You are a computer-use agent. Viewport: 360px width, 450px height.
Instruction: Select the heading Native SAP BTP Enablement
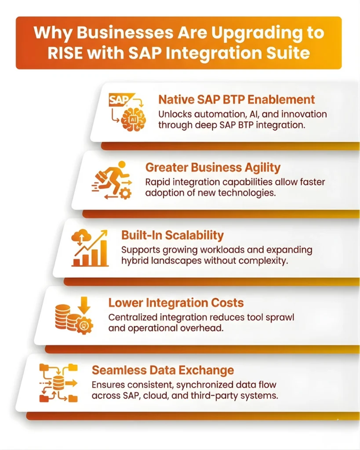236,99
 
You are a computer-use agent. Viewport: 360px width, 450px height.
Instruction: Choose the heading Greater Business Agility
213,167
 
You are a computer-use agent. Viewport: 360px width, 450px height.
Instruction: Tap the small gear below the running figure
125,193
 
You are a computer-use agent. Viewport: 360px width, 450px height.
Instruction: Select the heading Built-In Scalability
172,235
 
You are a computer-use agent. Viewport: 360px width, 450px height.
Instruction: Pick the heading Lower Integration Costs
176,303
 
